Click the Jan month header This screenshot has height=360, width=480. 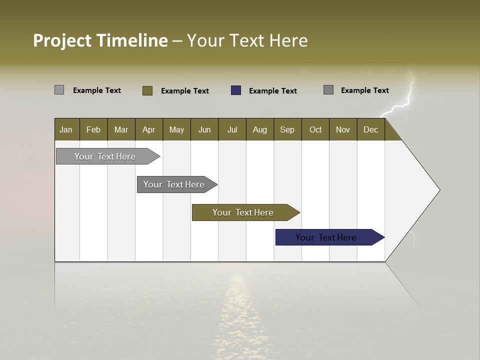(66, 129)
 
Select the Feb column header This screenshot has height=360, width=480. (93, 129)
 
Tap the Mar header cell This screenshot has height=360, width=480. (121, 129)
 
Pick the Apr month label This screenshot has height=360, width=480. (149, 129)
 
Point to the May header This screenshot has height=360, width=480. (176, 129)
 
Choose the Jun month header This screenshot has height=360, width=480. (204, 129)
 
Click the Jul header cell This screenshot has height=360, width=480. (232, 129)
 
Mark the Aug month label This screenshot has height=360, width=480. (260, 129)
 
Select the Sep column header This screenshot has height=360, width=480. (287, 129)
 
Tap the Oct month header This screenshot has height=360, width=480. (315, 129)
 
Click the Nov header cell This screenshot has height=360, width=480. (343, 129)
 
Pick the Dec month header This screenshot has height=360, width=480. (371, 129)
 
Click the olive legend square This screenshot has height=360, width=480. (147, 90)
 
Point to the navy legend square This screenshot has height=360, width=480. (236, 90)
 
